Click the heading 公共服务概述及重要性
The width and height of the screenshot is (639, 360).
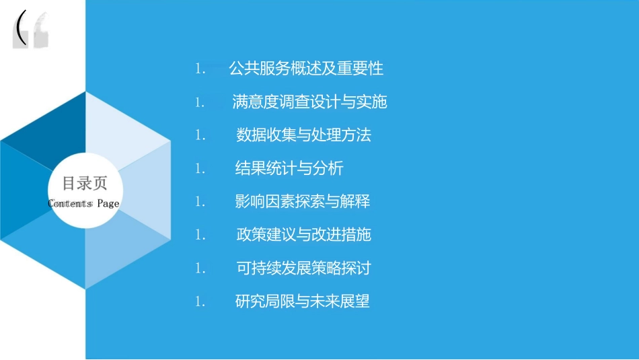pos(306,68)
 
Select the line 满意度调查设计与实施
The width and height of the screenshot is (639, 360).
pos(309,102)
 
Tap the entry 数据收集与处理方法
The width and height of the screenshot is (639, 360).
pos(303,135)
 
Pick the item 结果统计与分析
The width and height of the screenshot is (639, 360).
pos(289,168)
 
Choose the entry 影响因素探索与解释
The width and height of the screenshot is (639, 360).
pos(303,201)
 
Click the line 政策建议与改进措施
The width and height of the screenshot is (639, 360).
pos(303,235)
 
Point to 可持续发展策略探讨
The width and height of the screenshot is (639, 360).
pos(303,268)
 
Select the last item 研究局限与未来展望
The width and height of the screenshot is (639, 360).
pos(303,301)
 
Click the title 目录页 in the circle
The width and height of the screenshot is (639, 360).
pos(85,184)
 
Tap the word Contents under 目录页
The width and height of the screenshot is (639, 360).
pos(70,204)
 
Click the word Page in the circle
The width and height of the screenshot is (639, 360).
pos(108,204)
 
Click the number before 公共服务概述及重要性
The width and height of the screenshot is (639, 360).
pos(200,69)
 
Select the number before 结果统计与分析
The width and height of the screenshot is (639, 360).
pos(200,169)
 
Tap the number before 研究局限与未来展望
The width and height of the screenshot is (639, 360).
pos(200,302)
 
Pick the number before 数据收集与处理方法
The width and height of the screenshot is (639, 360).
pos(200,135)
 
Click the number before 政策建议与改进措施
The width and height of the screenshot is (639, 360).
pos(200,236)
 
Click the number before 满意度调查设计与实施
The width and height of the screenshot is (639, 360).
pos(200,102)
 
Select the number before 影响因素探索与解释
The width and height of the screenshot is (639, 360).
pos(200,202)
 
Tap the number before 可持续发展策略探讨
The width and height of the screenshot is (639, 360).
pos(200,268)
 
